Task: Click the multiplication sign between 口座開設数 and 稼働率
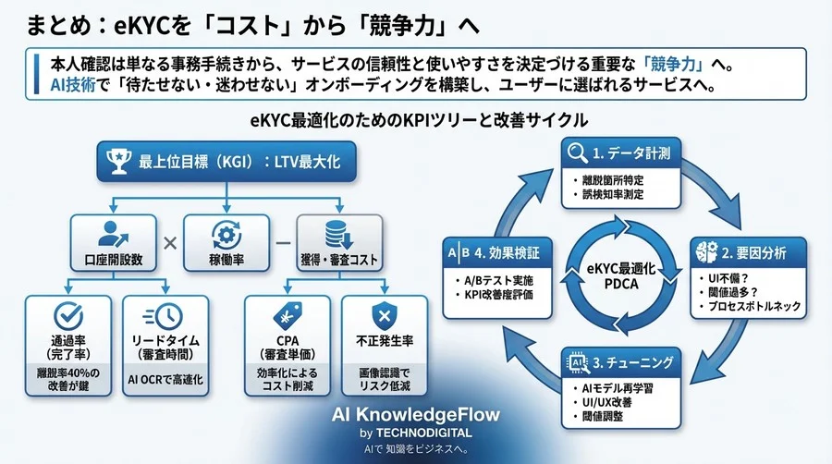171,243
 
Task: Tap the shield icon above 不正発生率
384,316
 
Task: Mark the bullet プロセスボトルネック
757,306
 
